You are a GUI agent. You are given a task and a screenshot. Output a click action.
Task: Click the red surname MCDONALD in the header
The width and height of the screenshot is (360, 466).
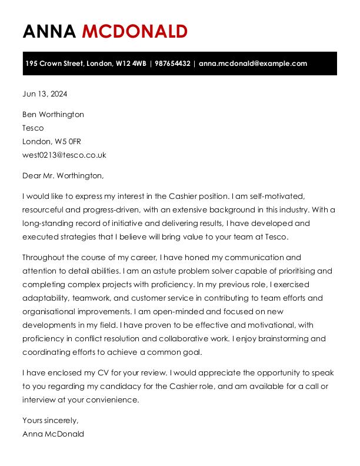click(x=135, y=31)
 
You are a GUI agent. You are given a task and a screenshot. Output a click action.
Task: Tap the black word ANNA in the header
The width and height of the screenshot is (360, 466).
click(x=49, y=31)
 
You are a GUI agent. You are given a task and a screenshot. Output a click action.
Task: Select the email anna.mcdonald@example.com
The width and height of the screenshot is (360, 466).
click(x=253, y=64)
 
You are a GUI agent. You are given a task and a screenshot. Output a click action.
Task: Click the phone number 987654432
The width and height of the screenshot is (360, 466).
click(x=172, y=64)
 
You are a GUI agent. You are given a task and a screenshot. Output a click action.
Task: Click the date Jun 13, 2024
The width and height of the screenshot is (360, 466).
click(x=45, y=94)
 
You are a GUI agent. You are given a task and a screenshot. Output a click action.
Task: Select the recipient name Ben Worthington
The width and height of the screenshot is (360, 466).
click(x=53, y=114)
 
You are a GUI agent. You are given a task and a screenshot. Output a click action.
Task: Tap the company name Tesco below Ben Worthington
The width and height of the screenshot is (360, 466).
click(x=33, y=128)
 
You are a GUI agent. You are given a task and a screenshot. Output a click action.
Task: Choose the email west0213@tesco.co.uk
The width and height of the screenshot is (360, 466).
click(x=64, y=155)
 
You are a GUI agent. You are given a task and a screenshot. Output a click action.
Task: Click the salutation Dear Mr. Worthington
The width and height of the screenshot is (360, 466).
click(x=63, y=175)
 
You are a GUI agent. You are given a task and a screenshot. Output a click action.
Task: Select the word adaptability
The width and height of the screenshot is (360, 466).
click(x=45, y=298)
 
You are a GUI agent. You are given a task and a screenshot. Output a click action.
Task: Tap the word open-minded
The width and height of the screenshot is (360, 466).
click(x=174, y=312)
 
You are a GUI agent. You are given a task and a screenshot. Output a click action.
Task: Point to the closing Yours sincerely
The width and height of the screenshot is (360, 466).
click(x=50, y=420)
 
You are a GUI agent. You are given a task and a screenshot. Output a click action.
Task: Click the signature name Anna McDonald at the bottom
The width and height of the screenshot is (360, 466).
click(x=53, y=434)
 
